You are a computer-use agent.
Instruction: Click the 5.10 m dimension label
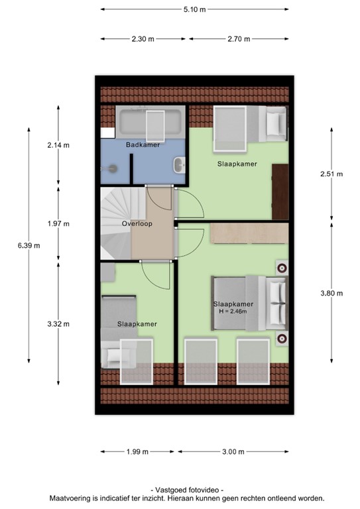194,10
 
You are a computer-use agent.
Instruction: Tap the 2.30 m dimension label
143,39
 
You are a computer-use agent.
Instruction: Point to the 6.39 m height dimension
29,245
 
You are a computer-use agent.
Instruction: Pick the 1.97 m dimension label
58,223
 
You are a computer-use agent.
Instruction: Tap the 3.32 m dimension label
58,324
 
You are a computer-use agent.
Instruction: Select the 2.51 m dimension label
331,174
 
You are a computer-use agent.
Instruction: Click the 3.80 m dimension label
331,292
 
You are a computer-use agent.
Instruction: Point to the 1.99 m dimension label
137,452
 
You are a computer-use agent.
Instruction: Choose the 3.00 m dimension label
233,452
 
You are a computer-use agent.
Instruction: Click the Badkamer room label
143,144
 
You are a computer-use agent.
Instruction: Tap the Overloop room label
137,224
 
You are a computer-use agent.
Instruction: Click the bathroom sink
179,164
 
